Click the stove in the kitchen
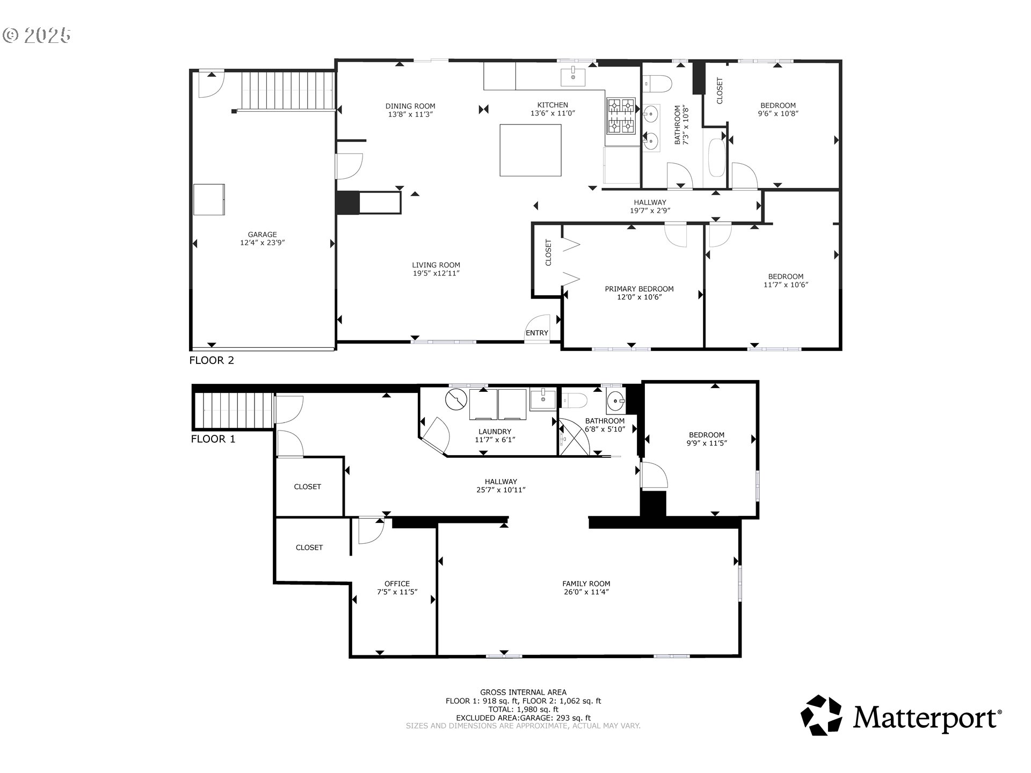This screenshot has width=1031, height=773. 621,116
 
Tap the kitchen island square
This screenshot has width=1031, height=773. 531,150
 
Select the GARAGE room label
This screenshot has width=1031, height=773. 262,234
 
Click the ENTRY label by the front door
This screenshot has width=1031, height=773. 537,333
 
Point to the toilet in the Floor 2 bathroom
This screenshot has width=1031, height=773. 658,84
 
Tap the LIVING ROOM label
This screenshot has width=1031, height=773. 436,265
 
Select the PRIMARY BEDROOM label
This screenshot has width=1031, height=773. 639,289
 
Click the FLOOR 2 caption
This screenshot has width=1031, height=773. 212,360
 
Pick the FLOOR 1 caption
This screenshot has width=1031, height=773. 213,439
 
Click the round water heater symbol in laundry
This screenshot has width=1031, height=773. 456,400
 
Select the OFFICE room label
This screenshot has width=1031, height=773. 397,584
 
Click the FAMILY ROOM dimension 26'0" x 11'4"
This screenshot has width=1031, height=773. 586,592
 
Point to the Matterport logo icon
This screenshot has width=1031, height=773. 821,716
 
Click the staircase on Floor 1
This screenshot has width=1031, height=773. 234,411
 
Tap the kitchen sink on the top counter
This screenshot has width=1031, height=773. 573,77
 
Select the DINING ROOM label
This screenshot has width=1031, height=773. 410,106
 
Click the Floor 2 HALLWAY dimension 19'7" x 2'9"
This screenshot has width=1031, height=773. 650,210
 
